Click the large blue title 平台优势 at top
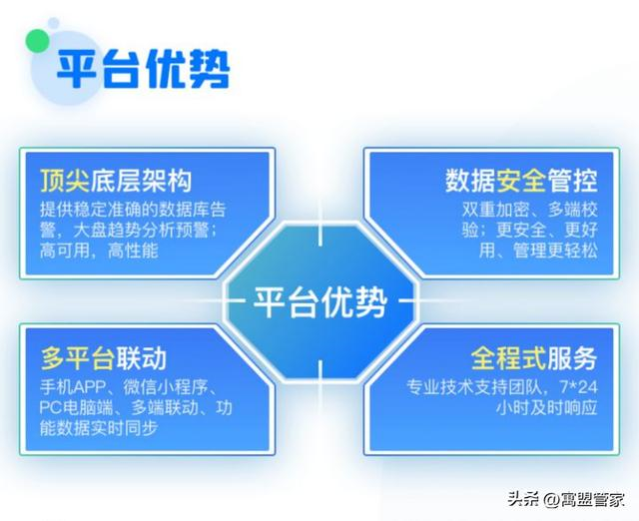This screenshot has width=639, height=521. (x=143, y=70)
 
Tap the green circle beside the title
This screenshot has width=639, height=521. (x=38, y=41)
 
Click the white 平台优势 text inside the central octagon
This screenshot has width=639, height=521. (x=319, y=301)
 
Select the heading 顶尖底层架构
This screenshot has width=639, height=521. (x=116, y=181)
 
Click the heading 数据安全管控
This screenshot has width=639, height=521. (x=521, y=181)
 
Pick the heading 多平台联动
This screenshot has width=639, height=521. (x=104, y=358)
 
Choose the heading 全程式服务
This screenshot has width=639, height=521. (x=534, y=358)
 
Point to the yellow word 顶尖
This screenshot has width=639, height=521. (x=65, y=181)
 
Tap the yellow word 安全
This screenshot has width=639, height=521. (x=521, y=181)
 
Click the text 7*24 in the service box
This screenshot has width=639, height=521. (x=579, y=387)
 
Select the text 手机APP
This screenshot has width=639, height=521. (x=73, y=387)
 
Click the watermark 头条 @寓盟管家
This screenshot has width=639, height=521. (x=566, y=498)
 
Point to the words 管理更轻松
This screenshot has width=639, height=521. (x=555, y=251)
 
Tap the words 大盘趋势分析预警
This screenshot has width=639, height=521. (x=141, y=231)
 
